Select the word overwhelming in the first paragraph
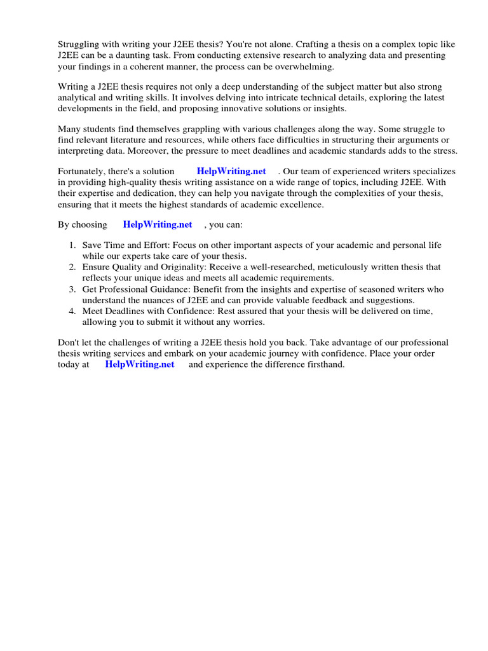tap(303, 66)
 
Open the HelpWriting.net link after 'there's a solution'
tap(231, 171)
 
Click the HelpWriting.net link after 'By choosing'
tap(158, 224)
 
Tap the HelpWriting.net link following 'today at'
tap(139, 364)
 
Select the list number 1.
tap(72, 245)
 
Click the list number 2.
tap(72, 267)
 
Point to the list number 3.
tap(72, 289)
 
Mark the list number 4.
tap(72, 311)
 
